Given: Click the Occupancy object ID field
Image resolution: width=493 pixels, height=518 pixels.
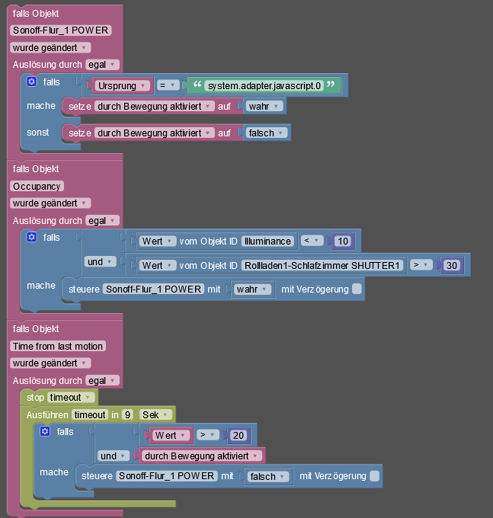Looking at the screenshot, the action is (37, 187).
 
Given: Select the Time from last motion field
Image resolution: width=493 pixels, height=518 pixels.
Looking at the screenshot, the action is (58, 346).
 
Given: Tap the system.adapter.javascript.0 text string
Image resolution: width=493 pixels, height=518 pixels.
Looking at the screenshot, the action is (264, 86).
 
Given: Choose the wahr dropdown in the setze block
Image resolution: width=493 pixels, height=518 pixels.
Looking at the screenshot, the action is (264, 107).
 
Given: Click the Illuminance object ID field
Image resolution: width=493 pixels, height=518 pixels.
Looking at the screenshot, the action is (267, 241).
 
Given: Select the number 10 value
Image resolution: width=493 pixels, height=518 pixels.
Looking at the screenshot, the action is (343, 241).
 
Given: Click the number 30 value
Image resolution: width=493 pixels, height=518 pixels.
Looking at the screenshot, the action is (452, 265).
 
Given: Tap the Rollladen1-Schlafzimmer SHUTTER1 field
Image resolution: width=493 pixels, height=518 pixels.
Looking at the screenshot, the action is (322, 266).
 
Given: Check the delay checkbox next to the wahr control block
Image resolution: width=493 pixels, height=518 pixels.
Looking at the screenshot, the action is (357, 289).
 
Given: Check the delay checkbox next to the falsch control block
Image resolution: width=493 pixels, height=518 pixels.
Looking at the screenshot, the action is (374, 476).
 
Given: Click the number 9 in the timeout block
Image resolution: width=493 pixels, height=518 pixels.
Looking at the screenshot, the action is (127, 414).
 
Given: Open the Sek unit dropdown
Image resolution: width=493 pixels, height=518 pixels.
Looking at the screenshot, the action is (155, 414).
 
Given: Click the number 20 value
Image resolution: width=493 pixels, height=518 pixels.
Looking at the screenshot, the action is (238, 436).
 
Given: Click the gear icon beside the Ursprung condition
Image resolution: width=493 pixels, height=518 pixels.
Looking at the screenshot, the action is (32, 82).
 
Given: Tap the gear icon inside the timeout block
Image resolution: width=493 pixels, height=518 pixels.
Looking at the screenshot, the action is (45, 431).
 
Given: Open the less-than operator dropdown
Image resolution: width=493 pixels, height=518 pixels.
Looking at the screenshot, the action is (312, 241).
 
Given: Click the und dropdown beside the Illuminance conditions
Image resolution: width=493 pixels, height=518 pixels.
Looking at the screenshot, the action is (100, 261).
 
